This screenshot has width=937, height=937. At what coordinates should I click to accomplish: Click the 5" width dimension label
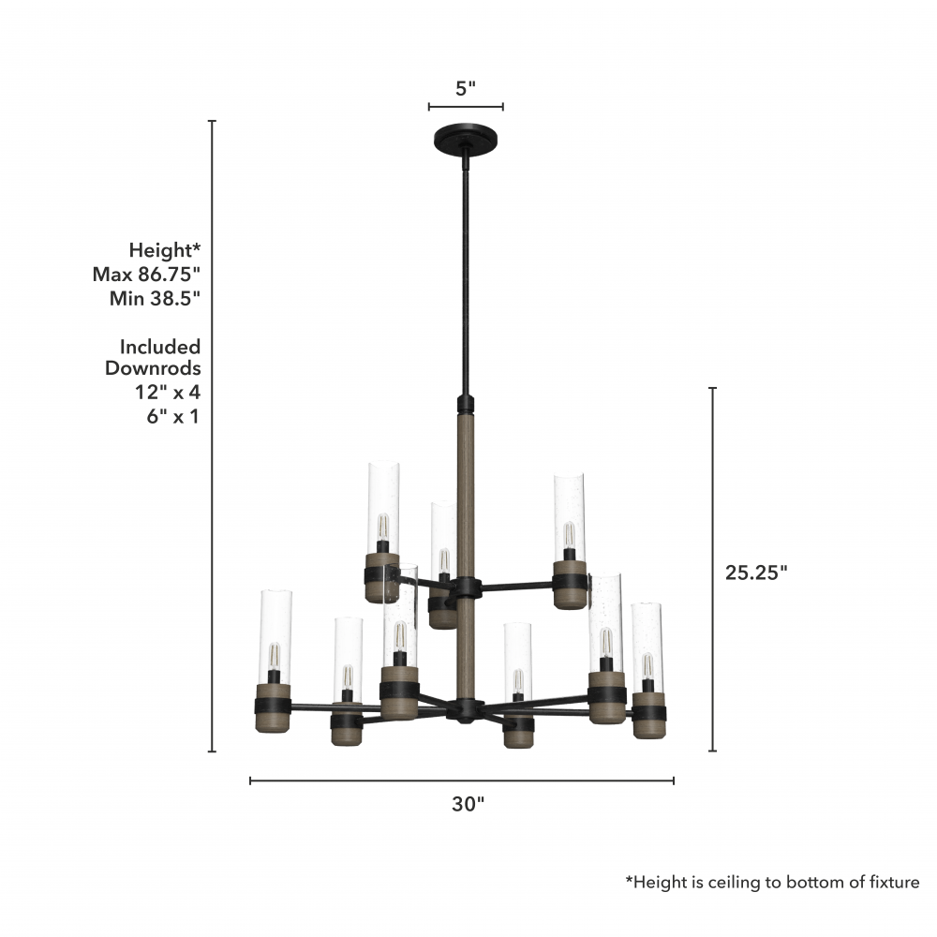pyautogui.click(x=466, y=88)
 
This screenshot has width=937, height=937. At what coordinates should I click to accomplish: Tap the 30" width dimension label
pyautogui.click(x=468, y=804)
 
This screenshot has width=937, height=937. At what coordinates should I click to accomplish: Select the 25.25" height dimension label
pyautogui.click(x=756, y=573)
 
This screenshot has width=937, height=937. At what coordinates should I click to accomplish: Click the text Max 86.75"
pyautogui.click(x=146, y=275)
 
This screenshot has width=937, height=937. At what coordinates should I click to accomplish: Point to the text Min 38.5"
pyautogui.click(x=155, y=298)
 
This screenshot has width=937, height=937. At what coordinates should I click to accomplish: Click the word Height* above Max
pyautogui.click(x=165, y=250)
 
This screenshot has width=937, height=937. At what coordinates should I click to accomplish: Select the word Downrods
pyautogui.click(x=153, y=367)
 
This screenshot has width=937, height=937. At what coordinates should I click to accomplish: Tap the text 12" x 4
pyautogui.click(x=168, y=392)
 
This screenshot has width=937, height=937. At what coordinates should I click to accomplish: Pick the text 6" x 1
pyautogui.click(x=172, y=416)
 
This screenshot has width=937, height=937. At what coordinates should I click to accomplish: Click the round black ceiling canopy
pyautogui.click(x=466, y=138)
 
